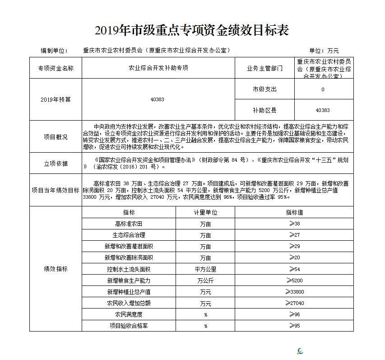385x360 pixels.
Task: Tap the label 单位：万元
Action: click(324, 51)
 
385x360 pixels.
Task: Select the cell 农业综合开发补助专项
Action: click(158, 68)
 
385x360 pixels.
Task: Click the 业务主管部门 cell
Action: click(264, 68)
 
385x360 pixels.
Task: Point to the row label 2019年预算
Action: click(56, 99)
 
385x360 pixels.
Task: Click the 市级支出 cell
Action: click(264, 89)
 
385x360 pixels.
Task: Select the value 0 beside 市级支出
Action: click(323, 89)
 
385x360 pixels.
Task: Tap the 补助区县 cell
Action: click(264, 110)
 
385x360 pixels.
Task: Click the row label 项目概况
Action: click(56, 137)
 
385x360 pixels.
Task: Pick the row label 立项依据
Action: click(56, 164)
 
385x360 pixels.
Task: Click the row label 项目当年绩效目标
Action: click(56, 190)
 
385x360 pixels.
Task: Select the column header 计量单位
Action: click(205, 212)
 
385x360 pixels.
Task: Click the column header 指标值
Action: click(294, 212)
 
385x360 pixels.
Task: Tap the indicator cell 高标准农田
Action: click(129, 224)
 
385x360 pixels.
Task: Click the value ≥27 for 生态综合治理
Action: click(294, 235)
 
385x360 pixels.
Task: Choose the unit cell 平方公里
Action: click(205, 269)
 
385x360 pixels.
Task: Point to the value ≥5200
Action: click(294, 281)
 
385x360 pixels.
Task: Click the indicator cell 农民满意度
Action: click(129, 314)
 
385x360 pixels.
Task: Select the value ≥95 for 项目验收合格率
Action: click(294, 326)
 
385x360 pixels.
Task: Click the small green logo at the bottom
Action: click(301, 351)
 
